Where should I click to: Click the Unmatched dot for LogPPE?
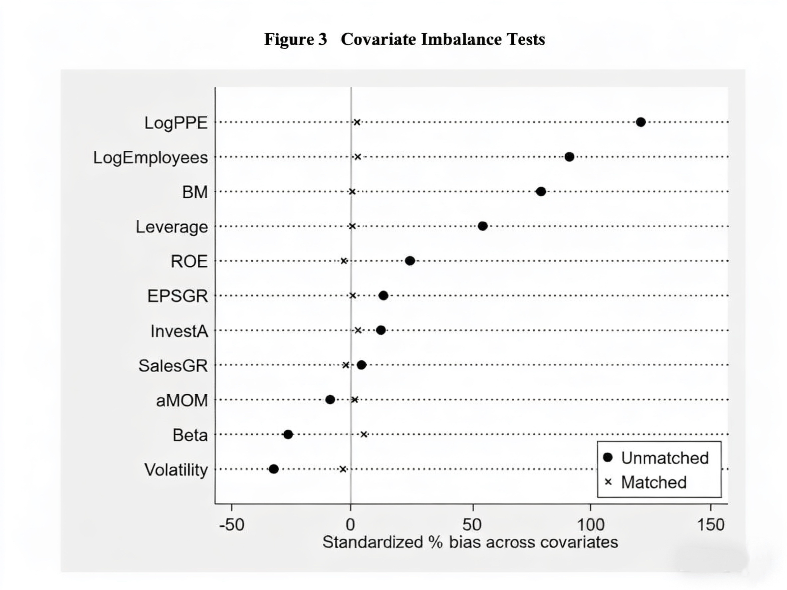coord(641,122)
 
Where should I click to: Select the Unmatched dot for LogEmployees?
coord(569,157)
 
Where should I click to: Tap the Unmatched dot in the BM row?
coord(541,192)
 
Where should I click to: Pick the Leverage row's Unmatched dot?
coord(482,226)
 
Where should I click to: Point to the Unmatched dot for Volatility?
coord(274,469)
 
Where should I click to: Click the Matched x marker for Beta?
coord(364,434)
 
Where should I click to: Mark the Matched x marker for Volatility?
coord(343,470)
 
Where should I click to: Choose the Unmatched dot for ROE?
coord(410,261)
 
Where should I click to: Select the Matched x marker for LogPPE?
coord(357,122)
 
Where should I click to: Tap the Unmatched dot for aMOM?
coord(330,400)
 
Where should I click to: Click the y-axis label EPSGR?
coord(177,296)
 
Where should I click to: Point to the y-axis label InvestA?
coord(179,331)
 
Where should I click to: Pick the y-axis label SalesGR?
coord(173,366)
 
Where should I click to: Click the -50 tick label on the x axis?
coord(232,525)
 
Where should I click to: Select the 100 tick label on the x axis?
coord(591,525)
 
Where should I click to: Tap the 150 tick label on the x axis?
coord(710,525)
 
